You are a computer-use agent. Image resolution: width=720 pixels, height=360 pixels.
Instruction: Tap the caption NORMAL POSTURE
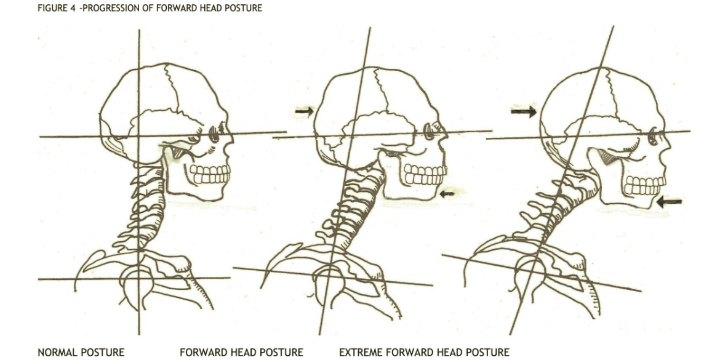tap(81, 352)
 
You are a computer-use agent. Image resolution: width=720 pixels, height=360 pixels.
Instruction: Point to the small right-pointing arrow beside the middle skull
tap(304, 111)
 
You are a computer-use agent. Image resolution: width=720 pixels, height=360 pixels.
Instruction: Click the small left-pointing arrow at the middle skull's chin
tap(447, 194)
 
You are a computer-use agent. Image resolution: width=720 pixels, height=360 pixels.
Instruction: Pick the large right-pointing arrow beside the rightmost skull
tap(524, 111)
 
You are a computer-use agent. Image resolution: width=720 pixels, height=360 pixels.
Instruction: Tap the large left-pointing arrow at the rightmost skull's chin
tap(669, 201)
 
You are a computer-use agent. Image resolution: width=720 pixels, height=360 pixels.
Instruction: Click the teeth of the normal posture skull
tap(210, 174)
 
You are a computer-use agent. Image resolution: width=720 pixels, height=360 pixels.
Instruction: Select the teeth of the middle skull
tap(425, 174)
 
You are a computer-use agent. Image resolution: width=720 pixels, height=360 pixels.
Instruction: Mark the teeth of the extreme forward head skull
tap(645, 185)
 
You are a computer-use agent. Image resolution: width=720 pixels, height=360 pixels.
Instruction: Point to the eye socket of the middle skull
tap(430, 132)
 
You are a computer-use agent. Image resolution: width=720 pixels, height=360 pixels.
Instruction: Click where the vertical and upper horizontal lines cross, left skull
tap(139, 137)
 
